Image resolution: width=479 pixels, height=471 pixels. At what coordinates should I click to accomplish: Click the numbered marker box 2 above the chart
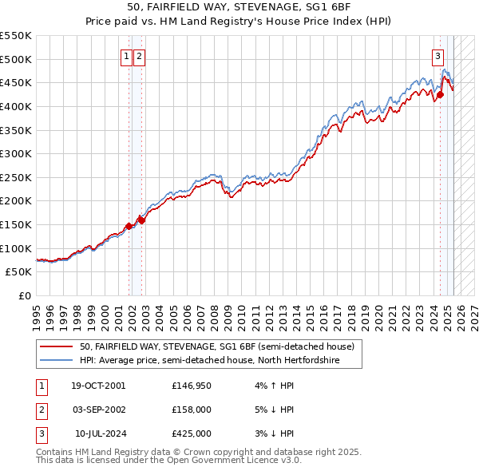pos(139,56)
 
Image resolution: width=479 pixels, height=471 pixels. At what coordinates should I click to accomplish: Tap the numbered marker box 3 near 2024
pos(438,56)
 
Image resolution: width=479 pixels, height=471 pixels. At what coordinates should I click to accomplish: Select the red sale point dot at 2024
pos(440,95)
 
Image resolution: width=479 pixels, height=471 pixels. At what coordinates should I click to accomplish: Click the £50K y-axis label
pos(19,271)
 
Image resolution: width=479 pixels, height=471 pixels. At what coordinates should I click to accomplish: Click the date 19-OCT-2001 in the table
pos(98,386)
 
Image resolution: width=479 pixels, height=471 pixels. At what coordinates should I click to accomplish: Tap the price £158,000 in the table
pos(192,410)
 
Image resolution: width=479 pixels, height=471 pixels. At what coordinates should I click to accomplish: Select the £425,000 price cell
pos(192,433)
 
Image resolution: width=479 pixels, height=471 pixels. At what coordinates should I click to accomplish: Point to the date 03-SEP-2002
pos(98,410)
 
